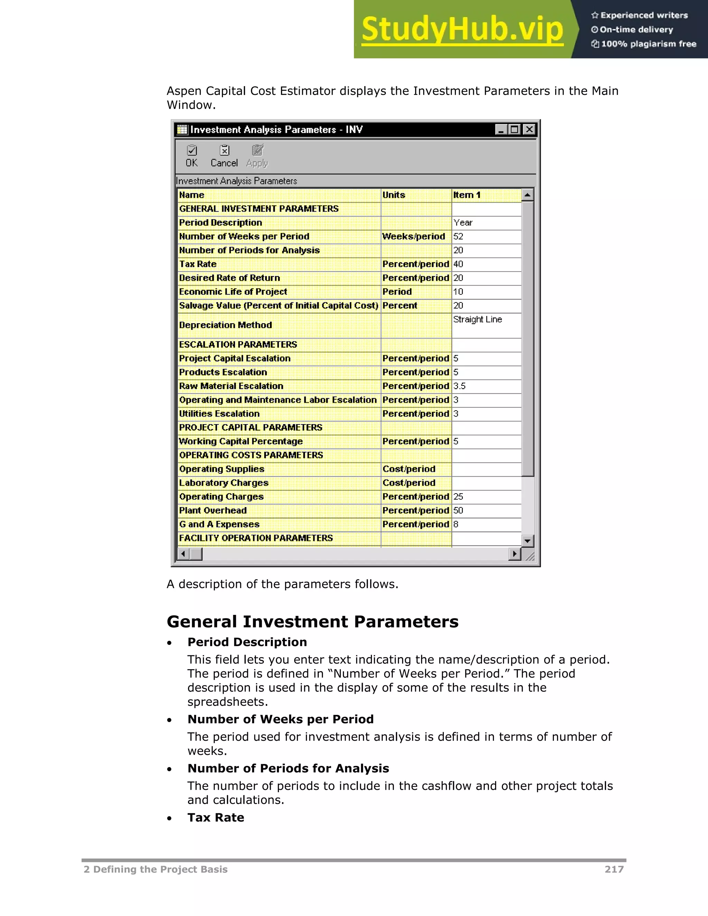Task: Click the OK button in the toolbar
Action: (192, 156)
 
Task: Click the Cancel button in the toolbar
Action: (224, 156)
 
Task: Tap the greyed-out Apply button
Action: (257, 156)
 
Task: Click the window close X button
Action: (529, 130)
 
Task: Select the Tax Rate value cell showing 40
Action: (486, 264)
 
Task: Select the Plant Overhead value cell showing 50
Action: (486, 511)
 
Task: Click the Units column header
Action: (416, 195)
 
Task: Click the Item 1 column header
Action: (486, 195)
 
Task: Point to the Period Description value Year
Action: (486, 223)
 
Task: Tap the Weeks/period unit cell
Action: (416, 236)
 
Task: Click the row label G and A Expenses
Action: (220, 524)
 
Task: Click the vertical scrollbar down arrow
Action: (528, 541)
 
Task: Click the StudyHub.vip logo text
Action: (462, 29)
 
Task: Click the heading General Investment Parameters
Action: (313, 621)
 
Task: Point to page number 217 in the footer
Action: (614, 869)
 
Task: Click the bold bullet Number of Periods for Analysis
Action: (288, 768)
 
